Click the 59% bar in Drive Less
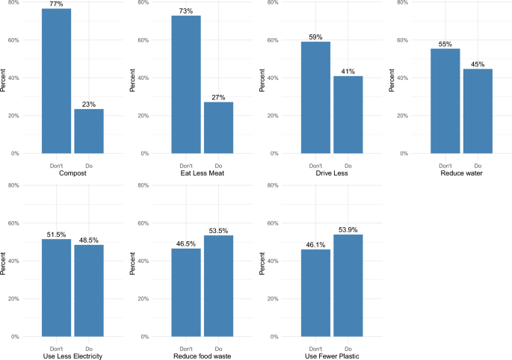click(x=315, y=98)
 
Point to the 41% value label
click(x=348, y=71)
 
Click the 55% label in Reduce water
click(x=445, y=44)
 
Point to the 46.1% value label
click(x=315, y=244)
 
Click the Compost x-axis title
click(x=73, y=174)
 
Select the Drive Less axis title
click(x=332, y=174)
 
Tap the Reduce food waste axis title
click(x=202, y=356)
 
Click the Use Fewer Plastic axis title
click(x=332, y=356)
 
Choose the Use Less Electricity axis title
click(x=73, y=356)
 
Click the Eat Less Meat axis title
click(x=202, y=174)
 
